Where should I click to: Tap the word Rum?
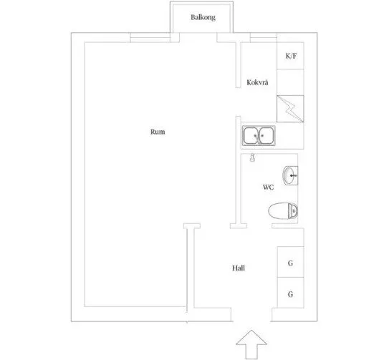point(158,131)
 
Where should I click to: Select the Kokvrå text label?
point(257,83)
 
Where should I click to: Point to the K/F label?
point(291,55)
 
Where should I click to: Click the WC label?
point(268,188)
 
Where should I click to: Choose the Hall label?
point(240,268)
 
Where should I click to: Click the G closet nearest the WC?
point(291,263)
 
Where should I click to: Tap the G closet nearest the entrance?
point(291,293)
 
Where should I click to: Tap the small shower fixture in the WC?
point(252,158)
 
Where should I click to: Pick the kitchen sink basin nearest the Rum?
point(251,135)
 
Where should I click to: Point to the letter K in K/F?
point(287,55)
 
